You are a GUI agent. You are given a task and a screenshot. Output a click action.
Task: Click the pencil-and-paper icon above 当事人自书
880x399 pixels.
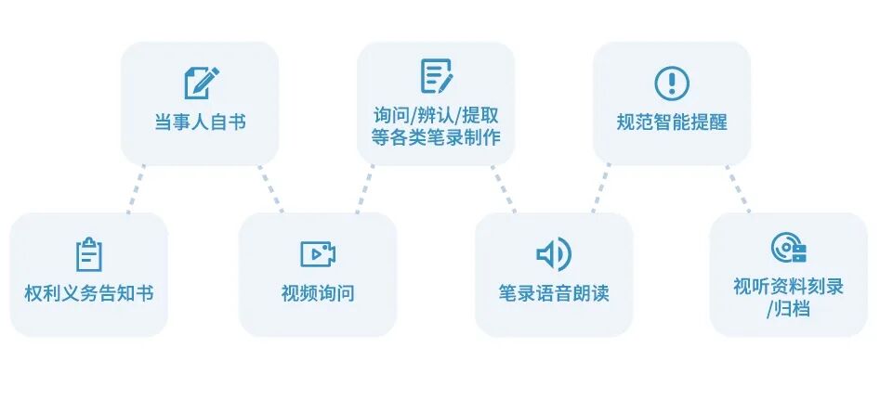click(x=201, y=82)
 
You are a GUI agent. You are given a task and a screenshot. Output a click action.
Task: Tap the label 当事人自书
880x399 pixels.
click(x=200, y=122)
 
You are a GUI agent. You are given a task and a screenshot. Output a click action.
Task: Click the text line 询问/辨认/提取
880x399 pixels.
click(x=436, y=116)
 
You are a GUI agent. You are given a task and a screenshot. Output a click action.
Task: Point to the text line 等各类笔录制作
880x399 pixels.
click(x=436, y=137)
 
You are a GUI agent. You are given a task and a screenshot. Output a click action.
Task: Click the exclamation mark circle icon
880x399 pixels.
click(x=671, y=82)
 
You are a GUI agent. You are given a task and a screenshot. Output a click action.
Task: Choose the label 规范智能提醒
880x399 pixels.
click(x=672, y=122)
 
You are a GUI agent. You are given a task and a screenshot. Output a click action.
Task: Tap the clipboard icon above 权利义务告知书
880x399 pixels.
click(x=89, y=253)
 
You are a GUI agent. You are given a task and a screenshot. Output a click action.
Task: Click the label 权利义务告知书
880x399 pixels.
click(x=89, y=293)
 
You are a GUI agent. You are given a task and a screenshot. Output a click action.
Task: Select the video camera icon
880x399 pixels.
click(x=318, y=253)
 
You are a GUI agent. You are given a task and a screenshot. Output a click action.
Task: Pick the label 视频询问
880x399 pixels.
click(x=318, y=293)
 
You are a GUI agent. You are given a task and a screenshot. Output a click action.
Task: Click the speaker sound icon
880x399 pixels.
click(x=554, y=253)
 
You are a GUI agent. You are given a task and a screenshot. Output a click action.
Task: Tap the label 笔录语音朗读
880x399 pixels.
click(x=554, y=293)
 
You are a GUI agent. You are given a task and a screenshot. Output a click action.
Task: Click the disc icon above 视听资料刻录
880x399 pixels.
click(x=788, y=248)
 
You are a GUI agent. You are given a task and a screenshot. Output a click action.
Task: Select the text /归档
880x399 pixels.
click(x=788, y=308)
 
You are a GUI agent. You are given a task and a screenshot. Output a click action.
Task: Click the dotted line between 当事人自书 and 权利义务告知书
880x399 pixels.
click(x=137, y=189)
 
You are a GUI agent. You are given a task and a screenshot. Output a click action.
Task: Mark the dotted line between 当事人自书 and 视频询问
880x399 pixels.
click(x=271, y=189)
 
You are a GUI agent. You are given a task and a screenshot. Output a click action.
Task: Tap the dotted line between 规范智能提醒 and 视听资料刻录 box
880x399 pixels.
click(x=738, y=189)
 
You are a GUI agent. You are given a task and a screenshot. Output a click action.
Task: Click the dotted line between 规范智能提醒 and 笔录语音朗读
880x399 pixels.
click(x=600, y=189)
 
